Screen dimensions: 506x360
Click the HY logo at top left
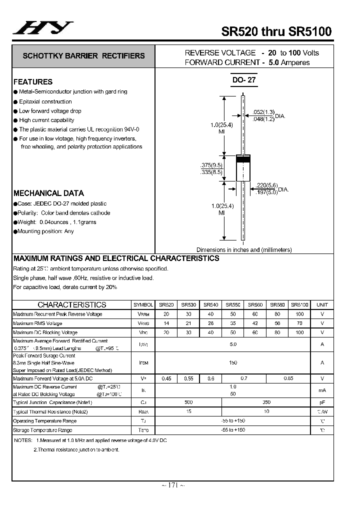(43, 28)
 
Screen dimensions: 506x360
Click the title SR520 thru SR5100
(276, 31)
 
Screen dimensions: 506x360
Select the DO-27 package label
(244, 79)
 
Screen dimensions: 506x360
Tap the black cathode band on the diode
(243, 159)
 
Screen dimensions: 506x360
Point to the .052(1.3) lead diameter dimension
(263, 112)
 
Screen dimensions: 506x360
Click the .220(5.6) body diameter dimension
(266, 185)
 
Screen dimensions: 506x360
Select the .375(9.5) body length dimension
(210, 165)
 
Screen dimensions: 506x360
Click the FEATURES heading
(33, 81)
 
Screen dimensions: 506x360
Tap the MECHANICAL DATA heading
(48, 193)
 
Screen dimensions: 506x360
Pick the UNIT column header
(322, 304)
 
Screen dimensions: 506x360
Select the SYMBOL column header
(143, 304)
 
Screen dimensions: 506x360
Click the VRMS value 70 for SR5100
(299, 323)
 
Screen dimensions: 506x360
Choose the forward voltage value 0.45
(166, 378)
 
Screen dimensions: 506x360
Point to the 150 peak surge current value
(233, 362)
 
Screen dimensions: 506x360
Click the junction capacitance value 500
(188, 402)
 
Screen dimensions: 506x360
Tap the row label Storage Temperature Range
(42, 430)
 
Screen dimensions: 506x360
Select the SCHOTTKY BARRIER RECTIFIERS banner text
(83, 56)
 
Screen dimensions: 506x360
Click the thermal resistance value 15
(188, 411)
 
